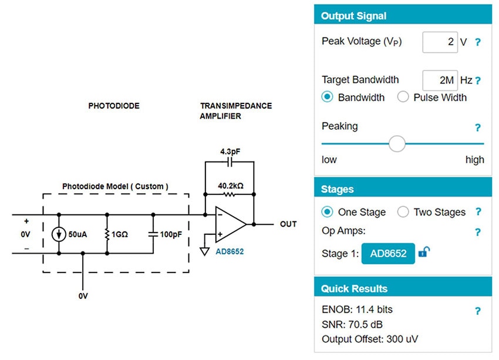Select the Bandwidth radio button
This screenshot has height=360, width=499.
pos(328,97)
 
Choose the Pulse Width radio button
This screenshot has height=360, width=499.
pos(403,97)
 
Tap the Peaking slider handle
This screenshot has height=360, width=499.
pos(397,143)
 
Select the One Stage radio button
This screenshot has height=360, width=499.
pos(328,212)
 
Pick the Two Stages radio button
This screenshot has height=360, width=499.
pos(403,212)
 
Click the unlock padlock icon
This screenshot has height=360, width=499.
pos(424,253)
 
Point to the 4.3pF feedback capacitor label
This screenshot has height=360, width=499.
pos(230,152)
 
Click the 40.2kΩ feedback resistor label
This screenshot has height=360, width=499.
pos(230,186)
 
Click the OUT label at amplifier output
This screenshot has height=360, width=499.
pos(288,224)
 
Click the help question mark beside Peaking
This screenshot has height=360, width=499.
pos(478,127)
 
